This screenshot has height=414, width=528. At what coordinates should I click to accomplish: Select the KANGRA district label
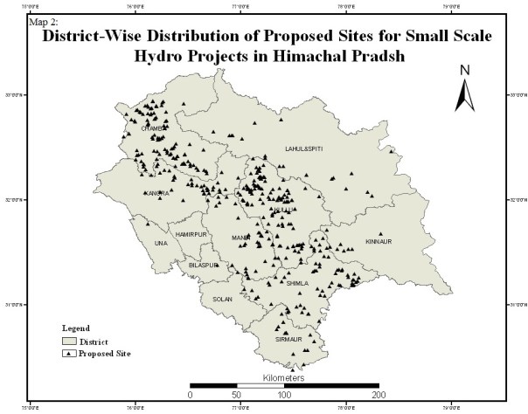tap(157, 192)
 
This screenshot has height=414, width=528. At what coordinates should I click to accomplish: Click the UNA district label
tap(160, 242)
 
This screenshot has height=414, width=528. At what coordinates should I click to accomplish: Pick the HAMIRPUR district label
tap(189, 236)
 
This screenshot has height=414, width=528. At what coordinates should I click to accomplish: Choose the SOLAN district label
tap(220, 299)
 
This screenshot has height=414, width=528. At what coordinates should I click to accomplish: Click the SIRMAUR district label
tap(288, 338)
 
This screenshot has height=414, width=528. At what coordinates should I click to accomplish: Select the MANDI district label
tap(240, 238)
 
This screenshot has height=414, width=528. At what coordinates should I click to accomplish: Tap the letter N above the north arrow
tap(466, 70)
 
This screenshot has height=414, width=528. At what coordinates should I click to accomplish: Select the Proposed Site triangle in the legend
tap(67, 355)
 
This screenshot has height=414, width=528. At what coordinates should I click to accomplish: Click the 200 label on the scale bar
tap(378, 395)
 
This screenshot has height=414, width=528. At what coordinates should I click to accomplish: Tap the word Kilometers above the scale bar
tap(283, 377)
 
